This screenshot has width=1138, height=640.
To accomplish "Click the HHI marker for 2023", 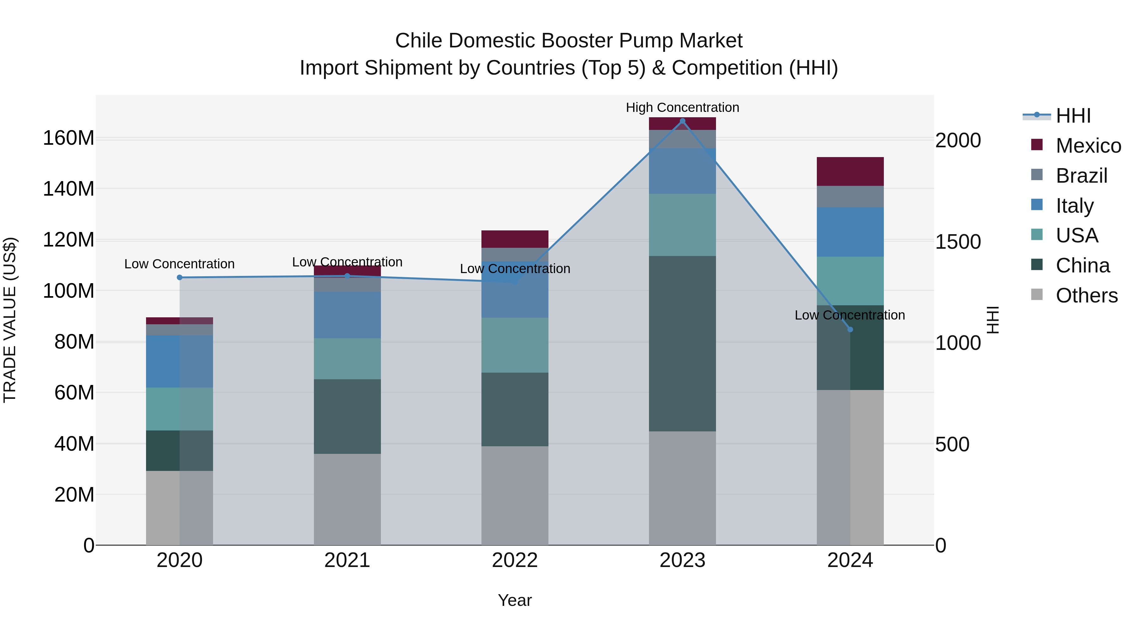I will tap(682, 121).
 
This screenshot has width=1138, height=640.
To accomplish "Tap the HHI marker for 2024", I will tap(850, 330).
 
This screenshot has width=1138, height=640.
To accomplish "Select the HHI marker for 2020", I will tap(179, 277).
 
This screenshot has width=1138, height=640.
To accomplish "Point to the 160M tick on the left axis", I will tap(69, 138).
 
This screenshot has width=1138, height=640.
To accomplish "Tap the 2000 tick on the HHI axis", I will tap(958, 140).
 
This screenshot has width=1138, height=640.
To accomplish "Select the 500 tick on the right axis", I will tap(952, 444).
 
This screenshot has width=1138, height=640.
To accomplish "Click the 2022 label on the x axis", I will tap(515, 560).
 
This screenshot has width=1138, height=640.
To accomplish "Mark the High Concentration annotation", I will tap(682, 107).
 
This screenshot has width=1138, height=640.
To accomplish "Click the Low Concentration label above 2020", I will tap(179, 264).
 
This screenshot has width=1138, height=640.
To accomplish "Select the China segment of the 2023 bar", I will tap(682, 344).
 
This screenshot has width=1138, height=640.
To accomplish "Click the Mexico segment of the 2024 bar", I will tap(850, 171).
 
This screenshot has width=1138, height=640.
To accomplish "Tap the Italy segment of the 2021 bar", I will tap(347, 314).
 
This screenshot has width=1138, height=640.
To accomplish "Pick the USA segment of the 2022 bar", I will tap(515, 345).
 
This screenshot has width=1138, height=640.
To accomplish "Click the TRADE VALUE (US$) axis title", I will tap(10, 320).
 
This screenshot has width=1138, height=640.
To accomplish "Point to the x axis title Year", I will tap(515, 600).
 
